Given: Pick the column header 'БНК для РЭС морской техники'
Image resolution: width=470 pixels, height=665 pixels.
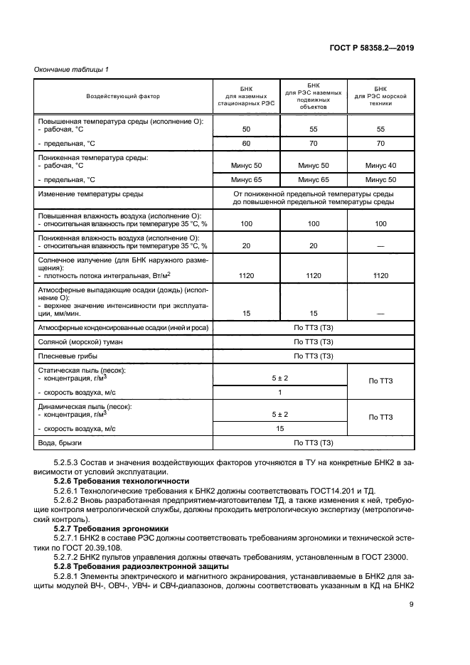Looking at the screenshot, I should pyautogui.click(x=380, y=96).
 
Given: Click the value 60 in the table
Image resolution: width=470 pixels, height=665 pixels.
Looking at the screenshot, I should pyautogui.click(x=246, y=143).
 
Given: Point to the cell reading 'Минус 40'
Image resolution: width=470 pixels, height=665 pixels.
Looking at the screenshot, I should pyautogui.click(x=380, y=165).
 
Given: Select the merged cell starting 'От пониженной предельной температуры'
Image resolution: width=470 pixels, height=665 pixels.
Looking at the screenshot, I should pyautogui.click(x=314, y=198).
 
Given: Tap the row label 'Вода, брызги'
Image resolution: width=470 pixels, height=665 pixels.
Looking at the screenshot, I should pyautogui.click(x=60, y=442).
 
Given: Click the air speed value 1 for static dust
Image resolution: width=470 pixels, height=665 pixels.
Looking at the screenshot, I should pyautogui.click(x=280, y=393).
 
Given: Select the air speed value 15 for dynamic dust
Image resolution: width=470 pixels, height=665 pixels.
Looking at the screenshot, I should pyautogui.click(x=280, y=428).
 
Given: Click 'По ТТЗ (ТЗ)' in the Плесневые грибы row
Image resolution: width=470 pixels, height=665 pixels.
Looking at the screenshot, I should pyautogui.click(x=314, y=356).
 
